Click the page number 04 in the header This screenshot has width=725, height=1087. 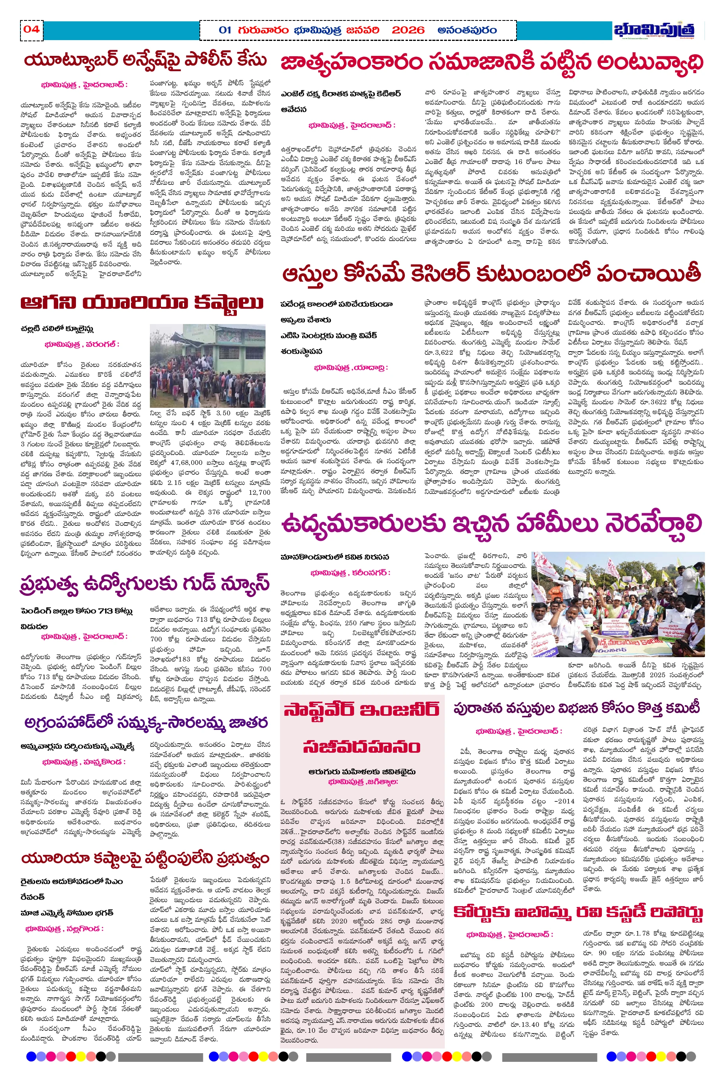click(31, 29)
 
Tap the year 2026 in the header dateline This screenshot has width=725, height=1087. click(408, 31)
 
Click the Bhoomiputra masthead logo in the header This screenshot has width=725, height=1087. click(654, 31)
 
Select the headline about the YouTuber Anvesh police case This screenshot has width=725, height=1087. click(145, 61)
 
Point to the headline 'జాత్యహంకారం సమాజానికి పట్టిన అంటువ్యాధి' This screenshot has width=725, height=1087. click(492, 63)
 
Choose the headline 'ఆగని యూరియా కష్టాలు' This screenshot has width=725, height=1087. click(142, 303)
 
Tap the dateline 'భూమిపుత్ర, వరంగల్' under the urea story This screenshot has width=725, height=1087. click(82, 345)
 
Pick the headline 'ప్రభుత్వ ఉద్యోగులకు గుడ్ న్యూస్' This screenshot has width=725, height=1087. click(144, 583)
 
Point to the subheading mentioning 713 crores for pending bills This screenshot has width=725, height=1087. click(77, 611)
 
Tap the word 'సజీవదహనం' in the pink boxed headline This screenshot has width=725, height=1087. click(362, 747)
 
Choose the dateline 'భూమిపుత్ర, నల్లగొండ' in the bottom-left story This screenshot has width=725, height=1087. click(64, 929)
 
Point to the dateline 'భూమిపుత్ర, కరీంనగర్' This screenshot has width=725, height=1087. click(350, 573)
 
